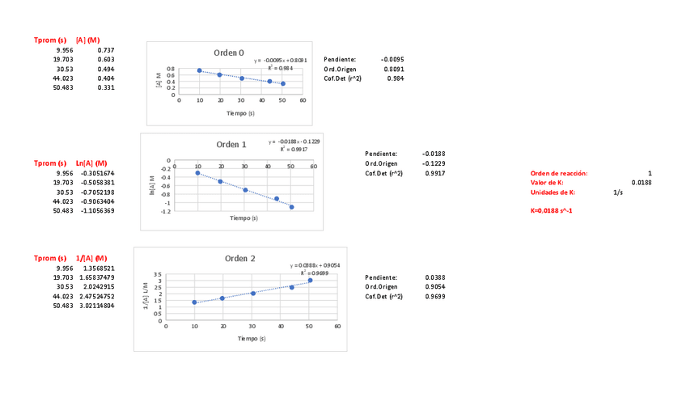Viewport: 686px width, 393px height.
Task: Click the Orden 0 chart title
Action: coord(229,53)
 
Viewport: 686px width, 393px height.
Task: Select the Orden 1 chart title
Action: coord(231,144)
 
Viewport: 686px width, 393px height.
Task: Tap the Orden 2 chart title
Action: coord(239,258)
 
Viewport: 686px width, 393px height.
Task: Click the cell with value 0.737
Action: coord(104,50)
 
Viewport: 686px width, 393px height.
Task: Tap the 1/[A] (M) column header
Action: coord(91,258)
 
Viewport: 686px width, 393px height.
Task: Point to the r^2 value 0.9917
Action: coord(434,173)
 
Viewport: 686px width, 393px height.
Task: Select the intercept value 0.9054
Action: coord(434,286)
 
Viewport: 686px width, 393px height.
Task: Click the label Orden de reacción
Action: coord(559,173)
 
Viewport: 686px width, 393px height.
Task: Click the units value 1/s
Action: coord(618,192)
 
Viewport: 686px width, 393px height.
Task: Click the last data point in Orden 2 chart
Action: coord(310,281)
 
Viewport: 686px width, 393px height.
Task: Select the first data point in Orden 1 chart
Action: coord(197,173)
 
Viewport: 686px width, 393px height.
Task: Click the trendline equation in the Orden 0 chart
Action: coord(280,60)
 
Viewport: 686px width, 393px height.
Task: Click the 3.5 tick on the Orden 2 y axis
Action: coord(158,274)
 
